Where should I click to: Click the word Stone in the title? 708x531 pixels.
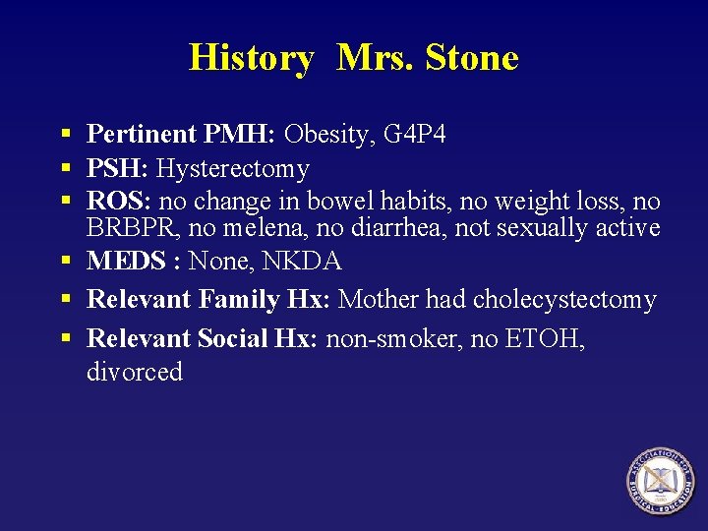472,58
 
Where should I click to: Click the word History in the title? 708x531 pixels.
251,58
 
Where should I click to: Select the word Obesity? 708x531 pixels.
326,135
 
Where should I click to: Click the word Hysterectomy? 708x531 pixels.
233,169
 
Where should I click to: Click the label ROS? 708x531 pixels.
119,202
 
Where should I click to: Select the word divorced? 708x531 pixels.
135,373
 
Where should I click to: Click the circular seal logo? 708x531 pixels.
661,483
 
